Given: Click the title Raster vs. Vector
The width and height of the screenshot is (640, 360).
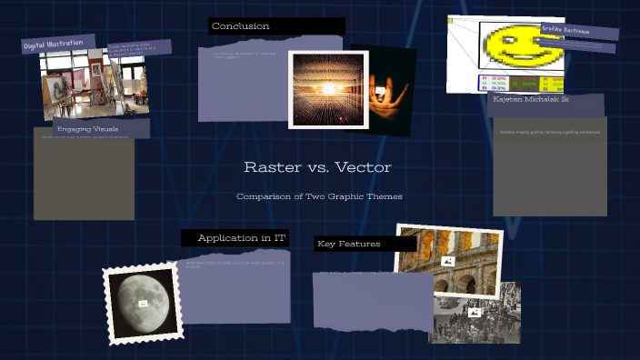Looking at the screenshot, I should [x=317, y=168].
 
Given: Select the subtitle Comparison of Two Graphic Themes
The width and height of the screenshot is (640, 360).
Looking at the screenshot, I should [x=319, y=196].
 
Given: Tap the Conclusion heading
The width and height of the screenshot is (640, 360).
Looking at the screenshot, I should [x=241, y=26].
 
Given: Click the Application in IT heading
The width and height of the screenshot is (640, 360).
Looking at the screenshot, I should [x=241, y=238].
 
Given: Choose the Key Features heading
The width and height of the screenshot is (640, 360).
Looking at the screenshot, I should [x=349, y=245].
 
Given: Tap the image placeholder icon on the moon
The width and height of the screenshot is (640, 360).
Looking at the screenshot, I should [x=143, y=303].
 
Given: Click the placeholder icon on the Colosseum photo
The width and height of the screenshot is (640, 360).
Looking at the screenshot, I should [x=447, y=261].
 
